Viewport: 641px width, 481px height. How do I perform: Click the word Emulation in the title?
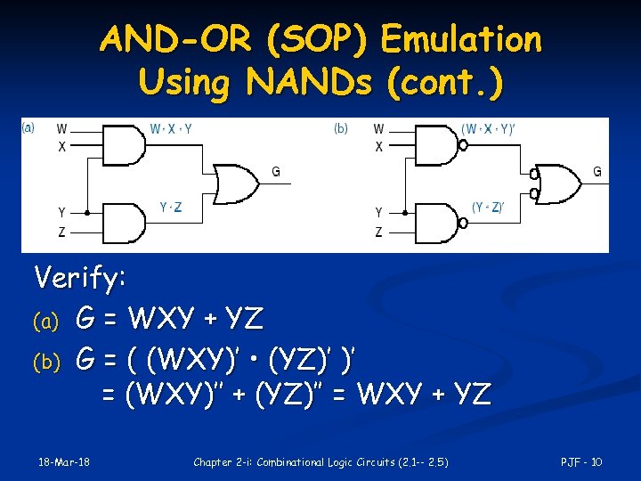pyautogui.click(x=460, y=40)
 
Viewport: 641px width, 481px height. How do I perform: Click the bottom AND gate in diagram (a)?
pyautogui.click(x=125, y=222)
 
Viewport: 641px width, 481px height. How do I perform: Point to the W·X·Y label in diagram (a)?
pyautogui.click(x=171, y=128)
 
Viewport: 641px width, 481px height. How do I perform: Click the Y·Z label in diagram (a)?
pyautogui.click(x=171, y=208)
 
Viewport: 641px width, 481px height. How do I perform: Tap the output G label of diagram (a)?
pyautogui.click(x=275, y=171)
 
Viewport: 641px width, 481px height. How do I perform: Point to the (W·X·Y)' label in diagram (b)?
pyautogui.click(x=488, y=128)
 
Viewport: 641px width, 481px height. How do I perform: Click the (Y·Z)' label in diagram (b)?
pyautogui.click(x=488, y=208)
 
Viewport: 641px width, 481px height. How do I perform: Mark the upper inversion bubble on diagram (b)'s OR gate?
pyautogui.click(x=533, y=175)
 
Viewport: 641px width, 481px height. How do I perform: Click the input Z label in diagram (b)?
pyautogui.click(x=378, y=232)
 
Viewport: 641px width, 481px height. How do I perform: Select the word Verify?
pyautogui.click(x=79, y=279)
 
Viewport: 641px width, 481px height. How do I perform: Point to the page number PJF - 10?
pyautogui.click(x=581, y=461)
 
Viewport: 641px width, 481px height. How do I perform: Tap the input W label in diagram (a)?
pyautogui.click(x=61, y=129)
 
